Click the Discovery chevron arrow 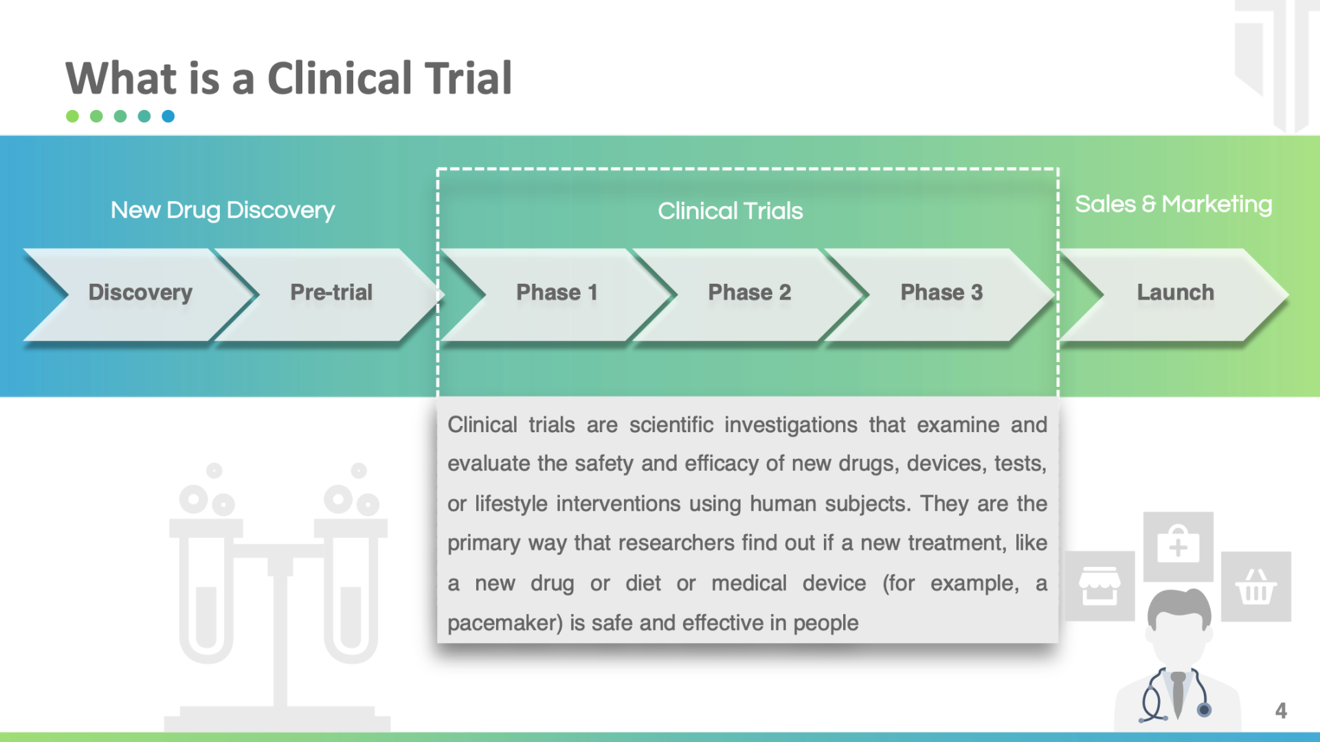coord(141,294)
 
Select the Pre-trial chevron coord(331,294)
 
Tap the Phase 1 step coord(557,294)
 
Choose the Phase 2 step coord(749,294)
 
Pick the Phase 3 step coord(941,294)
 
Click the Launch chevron coord(1175,294)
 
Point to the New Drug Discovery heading coord(223,210)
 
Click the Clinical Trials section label coord(730,211)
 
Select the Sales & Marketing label coord(1174,205)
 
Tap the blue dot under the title coord(168,116)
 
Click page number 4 coord(1281,710)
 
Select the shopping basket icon coord(1256,587)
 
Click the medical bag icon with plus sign coord(1178,546)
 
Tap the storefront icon coord(1099,586)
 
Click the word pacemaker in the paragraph coord(506,623)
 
